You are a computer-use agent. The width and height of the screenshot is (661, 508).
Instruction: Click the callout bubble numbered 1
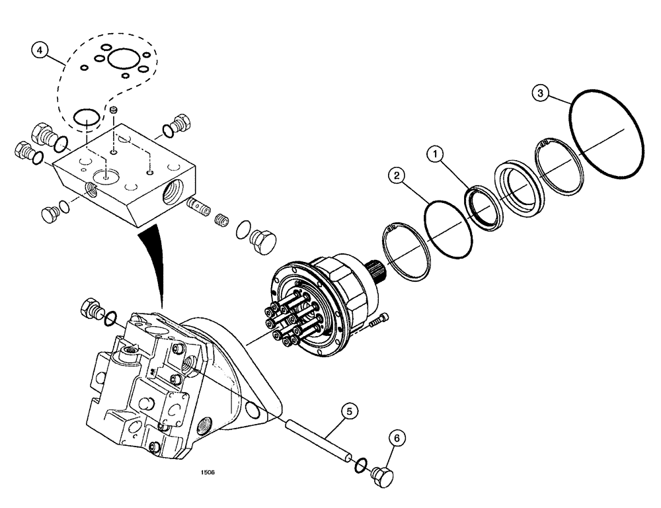click(x=434, y=155)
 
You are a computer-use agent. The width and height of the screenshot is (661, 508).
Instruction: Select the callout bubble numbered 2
click(x=397, y=175)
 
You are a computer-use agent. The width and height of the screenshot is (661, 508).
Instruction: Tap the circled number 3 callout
click(x=541, y=93)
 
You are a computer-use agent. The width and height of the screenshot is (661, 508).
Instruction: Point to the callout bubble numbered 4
click(x=42, y=50)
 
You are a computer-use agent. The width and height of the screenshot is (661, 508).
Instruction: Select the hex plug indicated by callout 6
click(x=382, y=476)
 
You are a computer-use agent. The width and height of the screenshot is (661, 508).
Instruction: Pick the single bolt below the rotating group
click(x=377, y=321)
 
